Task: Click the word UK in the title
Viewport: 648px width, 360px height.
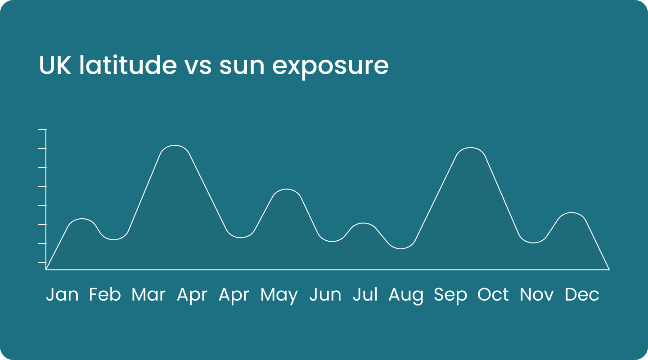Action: [x=55, y=65]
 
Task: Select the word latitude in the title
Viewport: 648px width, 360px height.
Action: [x=128, y=65]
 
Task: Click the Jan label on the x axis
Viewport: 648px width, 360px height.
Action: [x=62, y=295]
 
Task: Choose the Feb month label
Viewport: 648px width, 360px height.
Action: [x=105, y=295]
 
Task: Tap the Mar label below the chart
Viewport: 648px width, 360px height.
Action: [x=148, y=295]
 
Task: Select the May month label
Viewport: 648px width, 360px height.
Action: [x=279, y=296]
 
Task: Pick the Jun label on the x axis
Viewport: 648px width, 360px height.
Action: [x=325, y=295]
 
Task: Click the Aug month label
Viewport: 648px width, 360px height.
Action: [x=405, y=296]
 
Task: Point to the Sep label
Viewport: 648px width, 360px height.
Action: [x=450, y=296]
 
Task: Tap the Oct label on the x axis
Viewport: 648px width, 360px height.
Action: [x=493, y=295]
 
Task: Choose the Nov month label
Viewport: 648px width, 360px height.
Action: [x=536, y=295]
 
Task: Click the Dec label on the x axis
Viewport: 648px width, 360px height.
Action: [x=582, y=295]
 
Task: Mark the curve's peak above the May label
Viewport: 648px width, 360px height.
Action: [x=286, y=189]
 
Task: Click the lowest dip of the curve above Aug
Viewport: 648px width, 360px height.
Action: [x=400, y=248]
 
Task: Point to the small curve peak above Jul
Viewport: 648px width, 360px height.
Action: [x=363, y=223]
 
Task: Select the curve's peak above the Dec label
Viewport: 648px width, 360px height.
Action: [x=572, y=213]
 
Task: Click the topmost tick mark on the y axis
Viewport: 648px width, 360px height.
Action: [x=42, y=129]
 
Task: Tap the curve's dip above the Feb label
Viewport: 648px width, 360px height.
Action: [x=114, y=239]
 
